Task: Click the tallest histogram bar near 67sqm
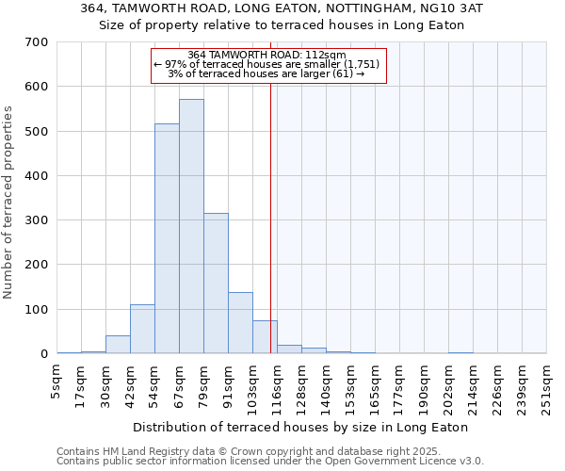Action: [x=191, y=226]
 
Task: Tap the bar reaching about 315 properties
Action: [x=216, y=284]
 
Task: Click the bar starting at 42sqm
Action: [x=142, y=330]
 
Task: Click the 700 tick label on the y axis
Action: [x=37, y=42]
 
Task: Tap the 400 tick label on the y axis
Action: [x=37, y=176]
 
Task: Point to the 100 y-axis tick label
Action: [x=37, y=310]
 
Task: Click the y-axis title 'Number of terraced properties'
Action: [x=8, y=202]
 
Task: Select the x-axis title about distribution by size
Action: [x=300, y=427]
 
